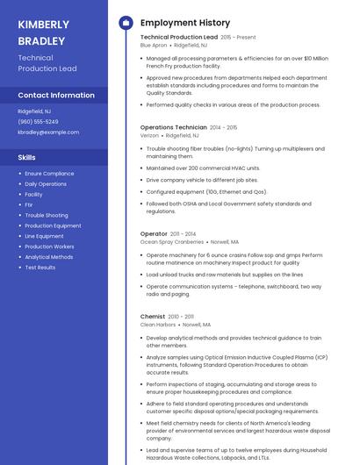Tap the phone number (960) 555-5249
pyautogui.click(x=38, y=122)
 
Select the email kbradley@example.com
pyautogui.click(x=48, y=132)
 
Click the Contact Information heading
pyautogui.click(x=56, y=95)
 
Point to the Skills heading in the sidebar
pyautogui.click(x=27, y=157)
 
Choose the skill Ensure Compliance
pyautogui.click(x=49, y=174)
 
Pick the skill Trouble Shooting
pyautogui.click(x=46, y=215)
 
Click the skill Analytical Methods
pyautogui.click(x=48, y=257)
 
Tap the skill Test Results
pyautogui.click(x=40, y=268)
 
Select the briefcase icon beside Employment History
pyautogui.click(x=125, y=23)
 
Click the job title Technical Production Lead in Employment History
pyautogui.click(x=178, y=38)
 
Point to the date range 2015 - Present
pyautogui.click(x=238, y=38)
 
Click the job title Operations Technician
pyautogui.click(x=174, y=127)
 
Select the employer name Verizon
pyautogui.click(x=149, y=136)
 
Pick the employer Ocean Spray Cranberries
pyautogui.click(x=171, y=241)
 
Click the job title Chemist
pyautogui.click(x=152, y=316)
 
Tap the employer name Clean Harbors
pyautogui.click(x=158, y=325)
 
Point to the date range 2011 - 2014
pyautogui.click(x=184, y=234)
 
